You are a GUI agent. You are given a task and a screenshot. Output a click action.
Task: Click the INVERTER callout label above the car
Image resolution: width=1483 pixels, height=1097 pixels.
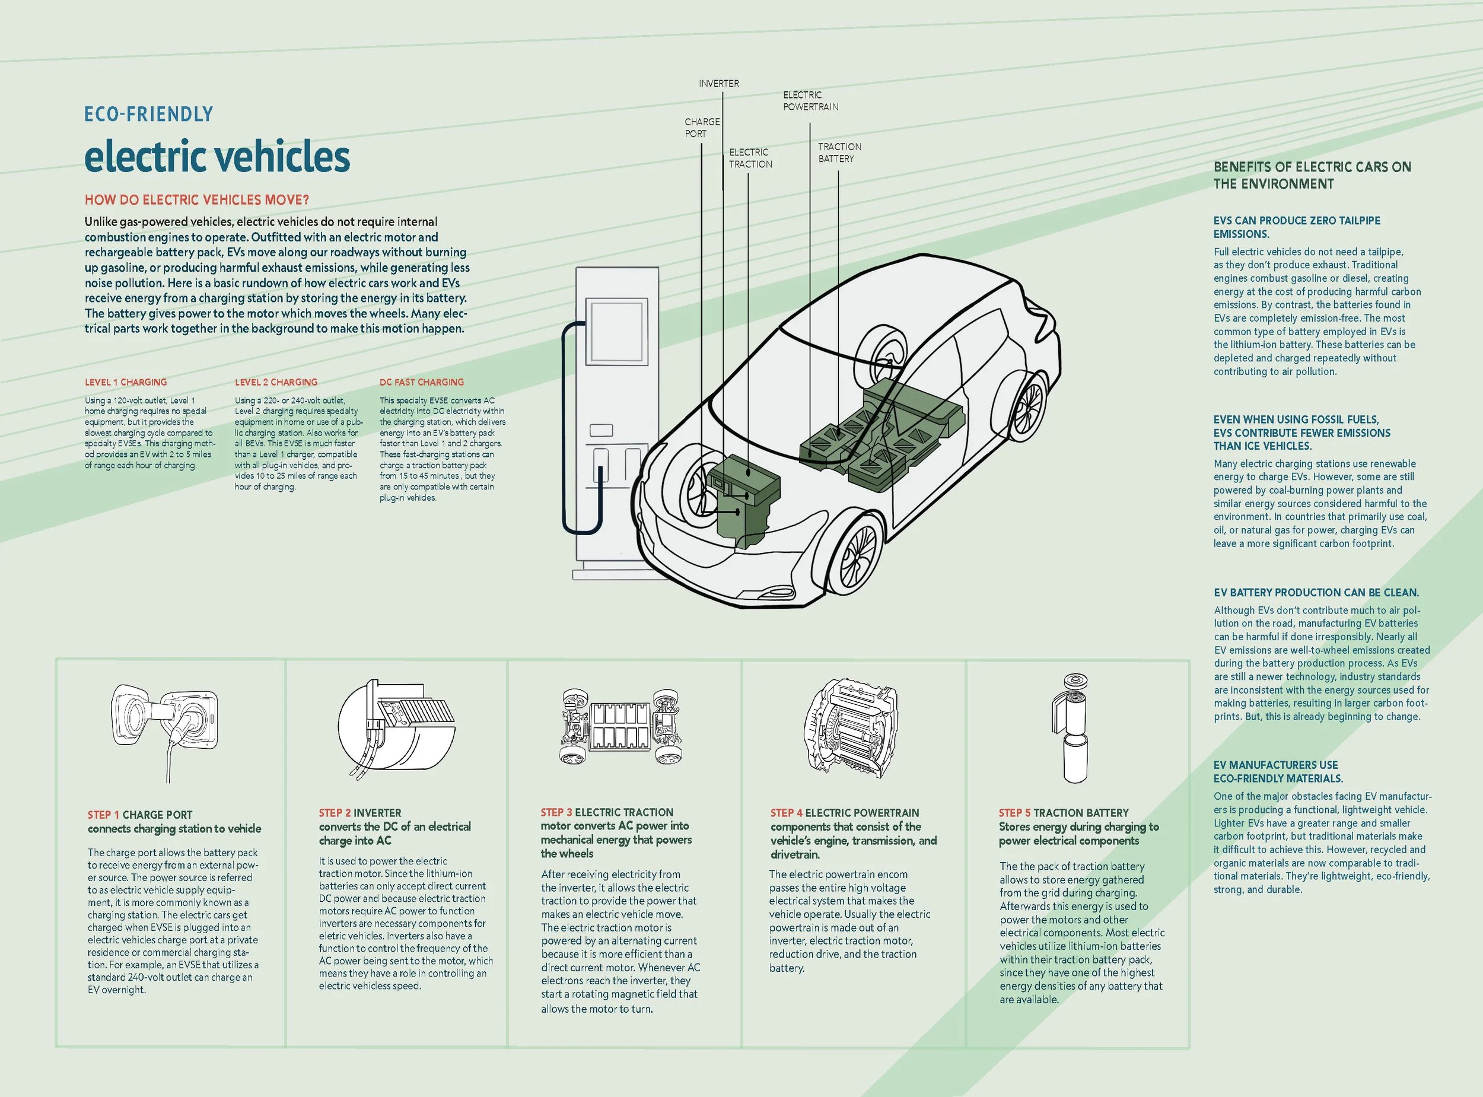click(718, 84)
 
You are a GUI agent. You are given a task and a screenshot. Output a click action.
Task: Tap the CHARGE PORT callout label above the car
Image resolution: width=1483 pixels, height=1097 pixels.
click(702, 128)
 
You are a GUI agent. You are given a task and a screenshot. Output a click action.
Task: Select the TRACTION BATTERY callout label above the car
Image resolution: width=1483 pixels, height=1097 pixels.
click(839, 152)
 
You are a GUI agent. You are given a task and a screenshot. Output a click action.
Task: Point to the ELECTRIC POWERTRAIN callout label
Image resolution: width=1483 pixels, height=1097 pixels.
click(810, 101)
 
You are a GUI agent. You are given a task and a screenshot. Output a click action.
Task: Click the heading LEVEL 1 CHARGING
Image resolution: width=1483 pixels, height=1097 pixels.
click(126, 383)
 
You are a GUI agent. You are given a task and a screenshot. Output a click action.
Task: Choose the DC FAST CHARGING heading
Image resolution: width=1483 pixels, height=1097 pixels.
click(422, 383)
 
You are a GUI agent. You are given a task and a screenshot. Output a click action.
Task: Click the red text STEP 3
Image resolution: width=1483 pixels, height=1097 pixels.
click(556, 812)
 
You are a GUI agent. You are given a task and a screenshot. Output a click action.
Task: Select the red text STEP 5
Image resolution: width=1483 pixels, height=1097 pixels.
click(1014, 813)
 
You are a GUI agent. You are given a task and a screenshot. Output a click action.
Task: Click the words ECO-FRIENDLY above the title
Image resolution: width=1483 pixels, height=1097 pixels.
click(148, 115)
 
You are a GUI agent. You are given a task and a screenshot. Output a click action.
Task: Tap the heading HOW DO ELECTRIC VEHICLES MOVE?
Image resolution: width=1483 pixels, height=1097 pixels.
click(196, 200)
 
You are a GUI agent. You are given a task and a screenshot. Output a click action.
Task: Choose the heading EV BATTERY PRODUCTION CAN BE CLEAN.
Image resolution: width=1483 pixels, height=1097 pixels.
click(1316, 592)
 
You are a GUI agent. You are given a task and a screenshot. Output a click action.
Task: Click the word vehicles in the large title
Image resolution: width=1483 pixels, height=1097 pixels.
click(284, 157)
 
